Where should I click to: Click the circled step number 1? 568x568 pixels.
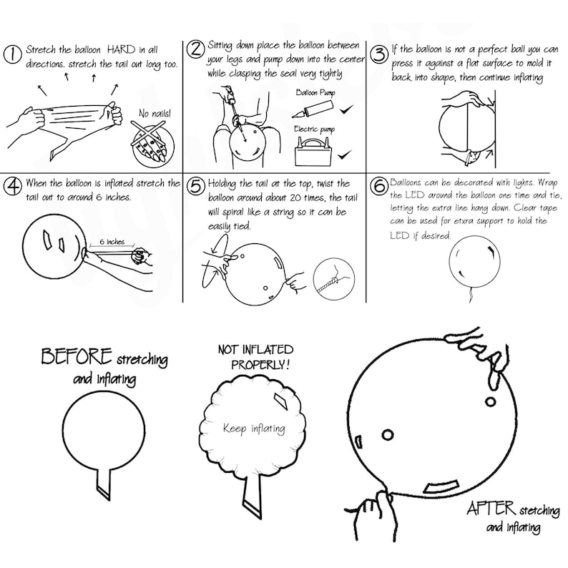(x=13, y=55)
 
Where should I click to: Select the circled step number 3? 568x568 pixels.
(x=379, y=55)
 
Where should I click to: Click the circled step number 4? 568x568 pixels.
(x=12, y=187)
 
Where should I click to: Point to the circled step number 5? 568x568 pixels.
(x=195, y=187)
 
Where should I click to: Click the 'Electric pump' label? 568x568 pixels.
(x=315, y=129)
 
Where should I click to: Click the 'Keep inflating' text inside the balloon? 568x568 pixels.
(x=253, y=429)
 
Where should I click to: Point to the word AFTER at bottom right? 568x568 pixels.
(x=491, y=509)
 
